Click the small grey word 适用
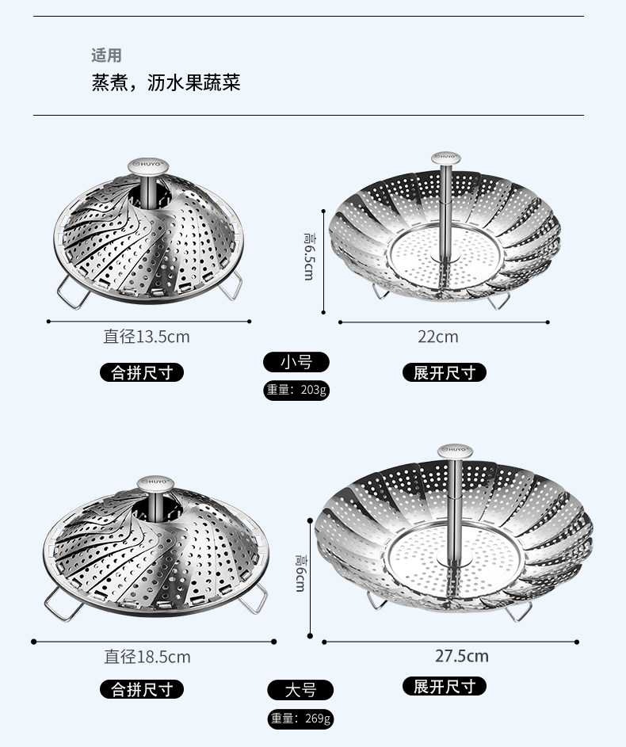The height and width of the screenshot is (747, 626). pyautogui.click(x=106, y=55)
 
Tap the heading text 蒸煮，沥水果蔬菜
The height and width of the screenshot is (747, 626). pyautogui.click(x=166, y=82)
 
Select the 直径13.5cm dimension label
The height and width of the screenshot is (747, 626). pyautogui.click(x=147, y=337)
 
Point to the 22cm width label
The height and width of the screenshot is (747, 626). pyautogui.click(x=438, y=337)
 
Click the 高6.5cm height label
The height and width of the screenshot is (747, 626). pyautogui.click(x=309, y=257)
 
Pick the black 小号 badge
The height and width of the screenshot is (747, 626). pyautogui.click(x=296, y=362)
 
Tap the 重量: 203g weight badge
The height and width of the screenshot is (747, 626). pyautogui.click(x=296, y=391)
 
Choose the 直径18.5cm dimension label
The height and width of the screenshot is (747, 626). pyautogui.click(x=147, y=657)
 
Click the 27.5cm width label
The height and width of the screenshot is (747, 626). pyautogui.click(x=462, y=656)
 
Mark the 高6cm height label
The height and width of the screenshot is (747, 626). pyautogui.click(x=300, y=573)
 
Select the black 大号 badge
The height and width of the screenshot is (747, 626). pyautogui.click(x=300, y=690)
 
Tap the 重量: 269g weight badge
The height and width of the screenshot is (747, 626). pyautogui.click(x=300, y=718)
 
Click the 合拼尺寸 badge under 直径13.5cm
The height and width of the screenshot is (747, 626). pyautogui.click(x=142, y=372)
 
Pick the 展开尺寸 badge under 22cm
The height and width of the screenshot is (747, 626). pyautogui.click(x=444, y=372)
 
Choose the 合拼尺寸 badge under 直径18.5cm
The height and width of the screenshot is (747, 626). pyautogui.click(x=142, y=689)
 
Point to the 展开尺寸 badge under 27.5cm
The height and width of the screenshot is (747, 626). pyautogui.click(x=444, y=686)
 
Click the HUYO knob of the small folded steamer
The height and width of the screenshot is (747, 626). pyautogui.click(x=148, y=166)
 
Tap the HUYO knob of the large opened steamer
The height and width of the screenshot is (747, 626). pyautogui.click(x=455, y=450)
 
